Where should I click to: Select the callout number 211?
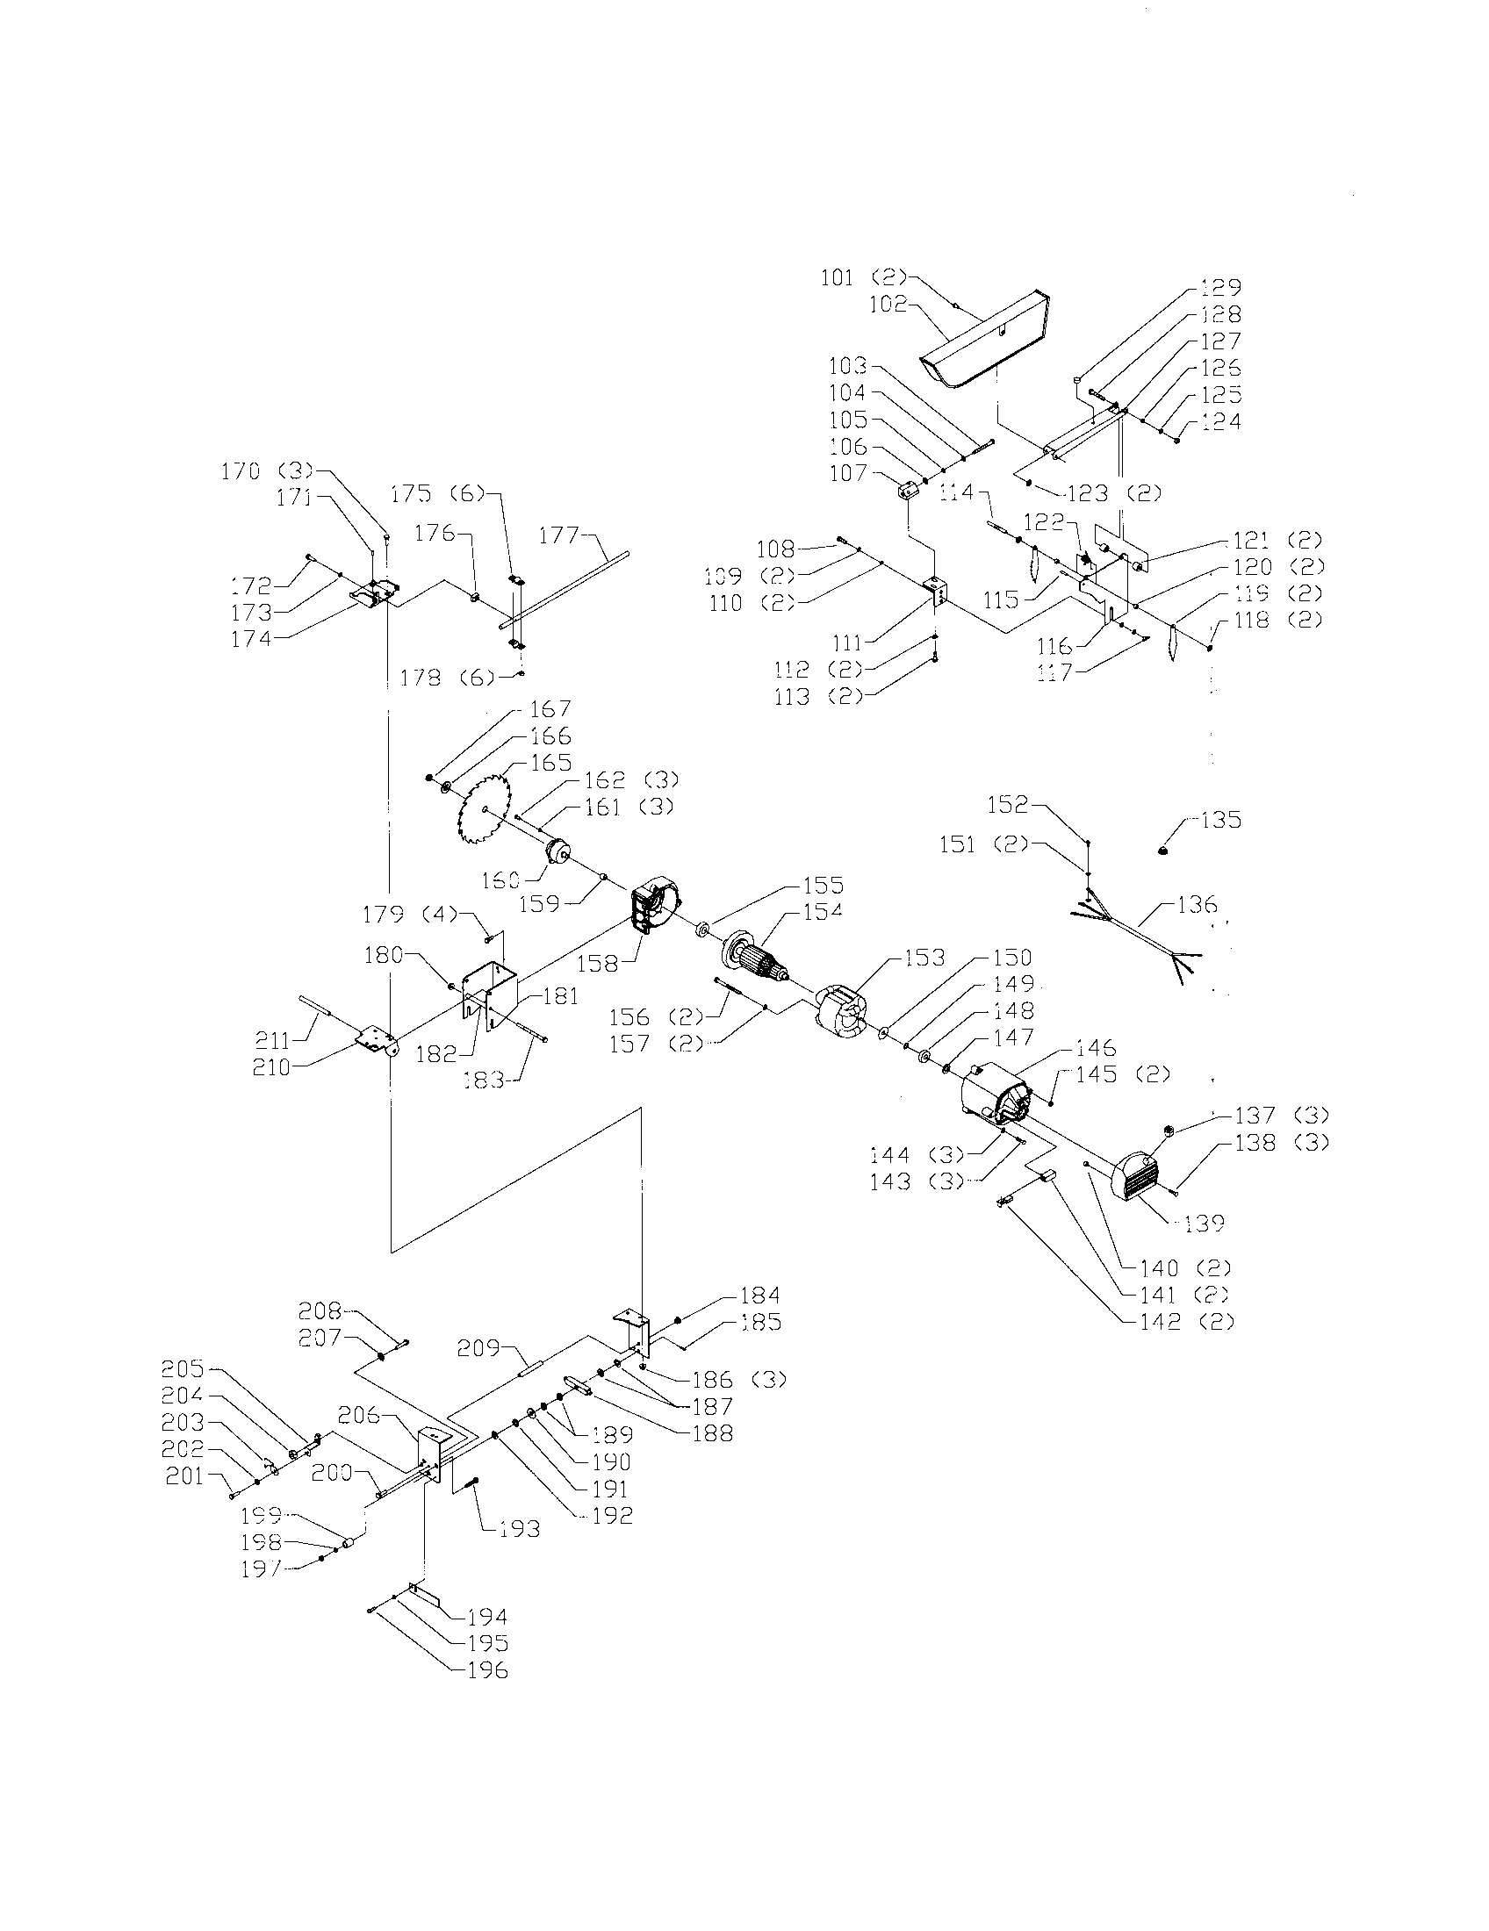tap(271, 1041)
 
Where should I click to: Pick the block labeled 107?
tap(905, 489)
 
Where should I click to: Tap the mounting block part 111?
tap(935, 590)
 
